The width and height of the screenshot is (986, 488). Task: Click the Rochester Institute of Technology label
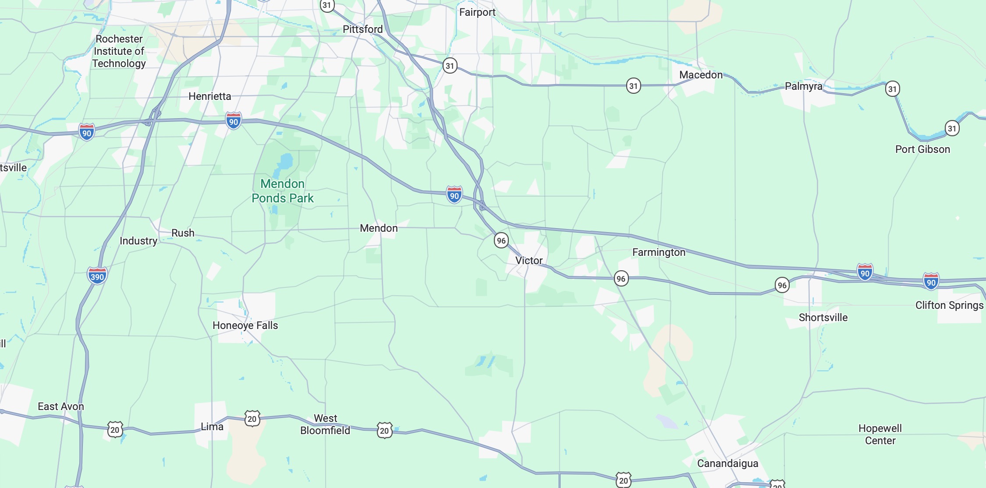point(119,51)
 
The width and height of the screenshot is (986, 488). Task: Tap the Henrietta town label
point(209,96)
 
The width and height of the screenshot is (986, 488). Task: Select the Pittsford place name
point(362,29)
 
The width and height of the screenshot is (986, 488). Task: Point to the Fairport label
point(477,12)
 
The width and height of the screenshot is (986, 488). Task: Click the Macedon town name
point(701,75)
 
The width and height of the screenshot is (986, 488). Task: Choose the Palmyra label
point(803,86)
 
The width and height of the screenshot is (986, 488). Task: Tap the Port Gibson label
point(922,149)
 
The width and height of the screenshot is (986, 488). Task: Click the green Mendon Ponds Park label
point(283,191)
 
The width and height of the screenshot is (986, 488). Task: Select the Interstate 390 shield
point(97,276)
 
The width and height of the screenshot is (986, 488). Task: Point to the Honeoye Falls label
point(245,325)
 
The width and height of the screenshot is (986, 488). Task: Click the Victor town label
point(528,261)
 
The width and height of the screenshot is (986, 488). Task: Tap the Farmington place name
point(659,252)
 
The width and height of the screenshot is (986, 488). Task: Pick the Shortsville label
point(823,318)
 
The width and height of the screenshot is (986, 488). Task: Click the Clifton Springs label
point(949,305)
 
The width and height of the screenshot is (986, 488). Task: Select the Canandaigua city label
point(727,463)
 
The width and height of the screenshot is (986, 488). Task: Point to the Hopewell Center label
point(880,435)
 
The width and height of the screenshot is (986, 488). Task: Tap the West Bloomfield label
point(325,424)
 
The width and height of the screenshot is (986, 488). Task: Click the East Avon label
point(60,407)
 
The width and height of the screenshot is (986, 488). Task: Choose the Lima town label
point(212,427)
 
